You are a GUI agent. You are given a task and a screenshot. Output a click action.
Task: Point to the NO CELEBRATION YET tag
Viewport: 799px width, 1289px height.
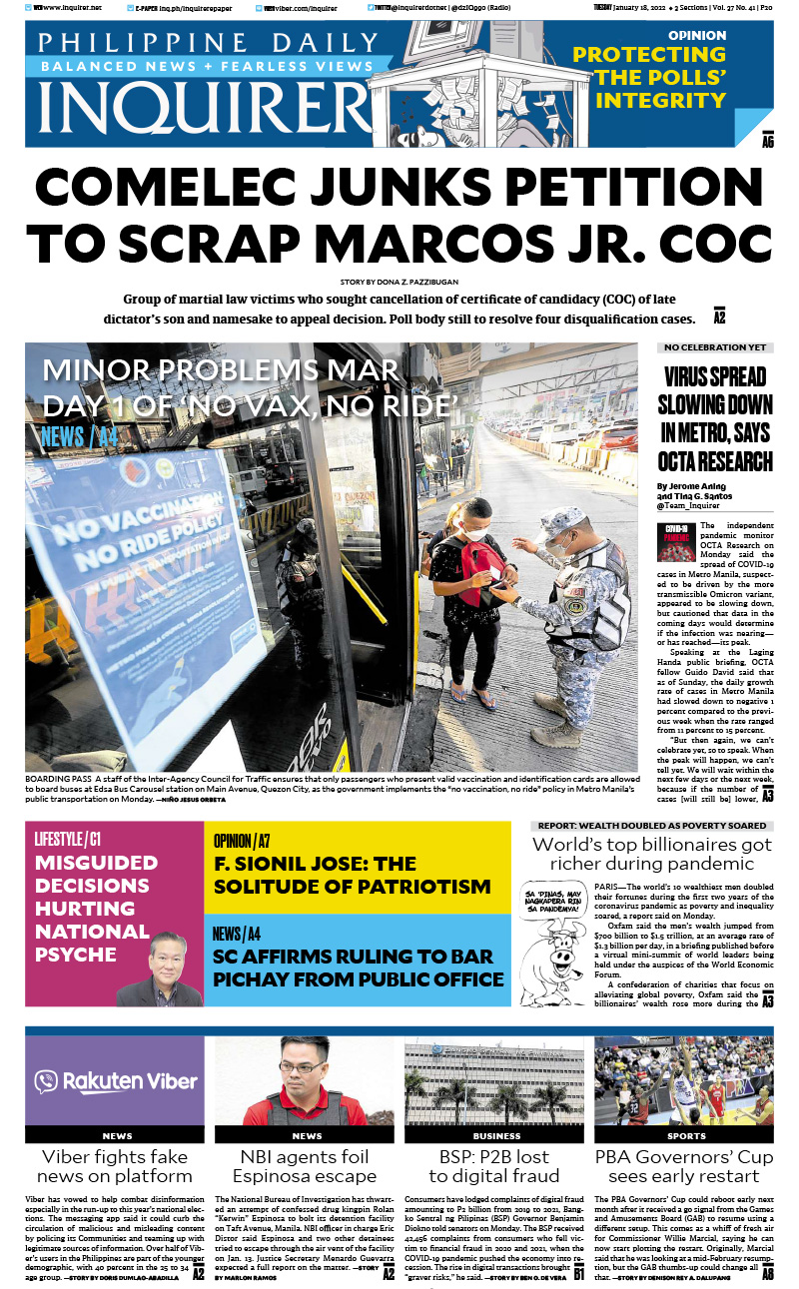click(714, 347)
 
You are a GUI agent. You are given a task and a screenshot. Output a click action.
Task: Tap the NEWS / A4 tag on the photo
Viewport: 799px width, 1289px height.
click(79, 436)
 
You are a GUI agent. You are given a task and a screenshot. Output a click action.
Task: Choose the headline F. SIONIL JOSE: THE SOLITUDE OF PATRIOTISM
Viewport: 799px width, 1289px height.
click(352, 876)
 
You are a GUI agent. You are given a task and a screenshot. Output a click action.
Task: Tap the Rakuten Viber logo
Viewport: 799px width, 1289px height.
click(115, 1081)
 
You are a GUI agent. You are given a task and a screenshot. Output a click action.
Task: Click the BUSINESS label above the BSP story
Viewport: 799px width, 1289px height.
click(496, 1136)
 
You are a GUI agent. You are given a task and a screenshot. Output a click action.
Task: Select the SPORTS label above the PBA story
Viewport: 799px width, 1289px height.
click(686, 1136)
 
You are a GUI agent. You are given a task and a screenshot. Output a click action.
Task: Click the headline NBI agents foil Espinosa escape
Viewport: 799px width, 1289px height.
click(307, 1166)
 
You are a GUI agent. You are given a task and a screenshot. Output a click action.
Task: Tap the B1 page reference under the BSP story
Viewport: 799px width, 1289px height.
click(577, 1274)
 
